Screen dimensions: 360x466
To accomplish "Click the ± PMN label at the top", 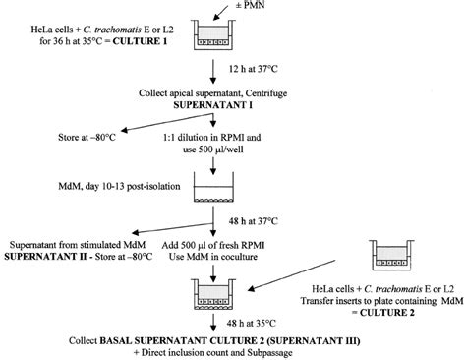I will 237,8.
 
